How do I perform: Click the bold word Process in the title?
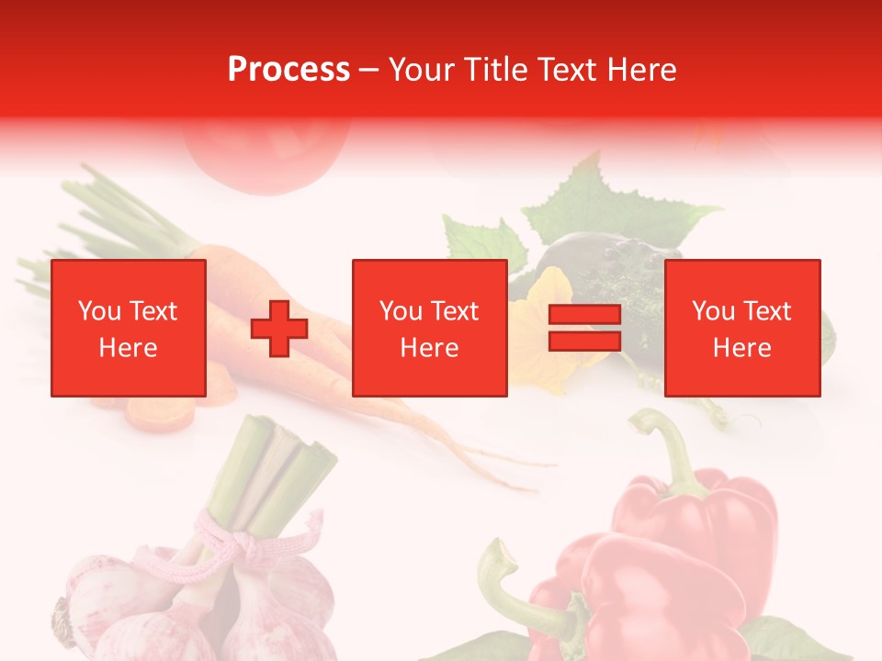[288, 69]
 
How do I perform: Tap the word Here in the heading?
[642, 69]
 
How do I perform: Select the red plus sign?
[279, 329]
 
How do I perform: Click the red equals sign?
[584, 329]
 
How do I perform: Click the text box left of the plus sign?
[128, 328]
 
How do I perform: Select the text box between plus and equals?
[429, 328]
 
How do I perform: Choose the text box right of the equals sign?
[741, 328]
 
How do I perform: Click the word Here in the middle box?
[429, 347]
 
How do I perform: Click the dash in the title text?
[369, 69]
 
